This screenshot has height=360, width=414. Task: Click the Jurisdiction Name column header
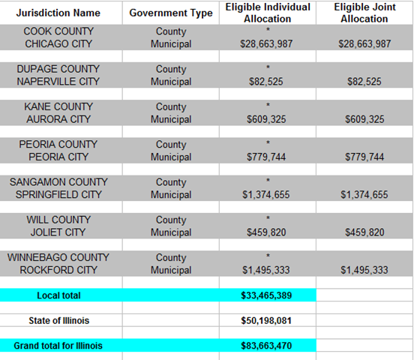58,13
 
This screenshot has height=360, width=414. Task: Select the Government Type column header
171,13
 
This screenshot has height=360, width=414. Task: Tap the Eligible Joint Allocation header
364,13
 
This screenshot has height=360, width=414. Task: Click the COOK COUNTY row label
58,31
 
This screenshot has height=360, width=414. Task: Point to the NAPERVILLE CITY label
58,81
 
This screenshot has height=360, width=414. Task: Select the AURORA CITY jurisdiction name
58,119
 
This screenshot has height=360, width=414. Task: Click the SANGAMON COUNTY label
58,182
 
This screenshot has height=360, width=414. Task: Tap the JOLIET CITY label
58,232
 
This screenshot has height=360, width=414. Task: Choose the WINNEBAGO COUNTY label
58,257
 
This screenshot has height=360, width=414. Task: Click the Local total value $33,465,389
266,295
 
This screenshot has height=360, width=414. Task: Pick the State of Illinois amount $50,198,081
266,321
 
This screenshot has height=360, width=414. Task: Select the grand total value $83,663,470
266,346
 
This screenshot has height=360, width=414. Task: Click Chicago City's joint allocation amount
364,43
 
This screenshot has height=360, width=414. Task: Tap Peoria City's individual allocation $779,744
266,157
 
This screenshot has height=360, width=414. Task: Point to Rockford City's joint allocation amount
364,270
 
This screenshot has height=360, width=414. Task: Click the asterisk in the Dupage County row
268,67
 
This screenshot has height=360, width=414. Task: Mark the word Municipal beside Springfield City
171,195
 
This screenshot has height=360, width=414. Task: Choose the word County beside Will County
171,220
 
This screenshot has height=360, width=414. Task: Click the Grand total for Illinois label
58,346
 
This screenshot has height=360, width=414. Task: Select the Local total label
58,295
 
